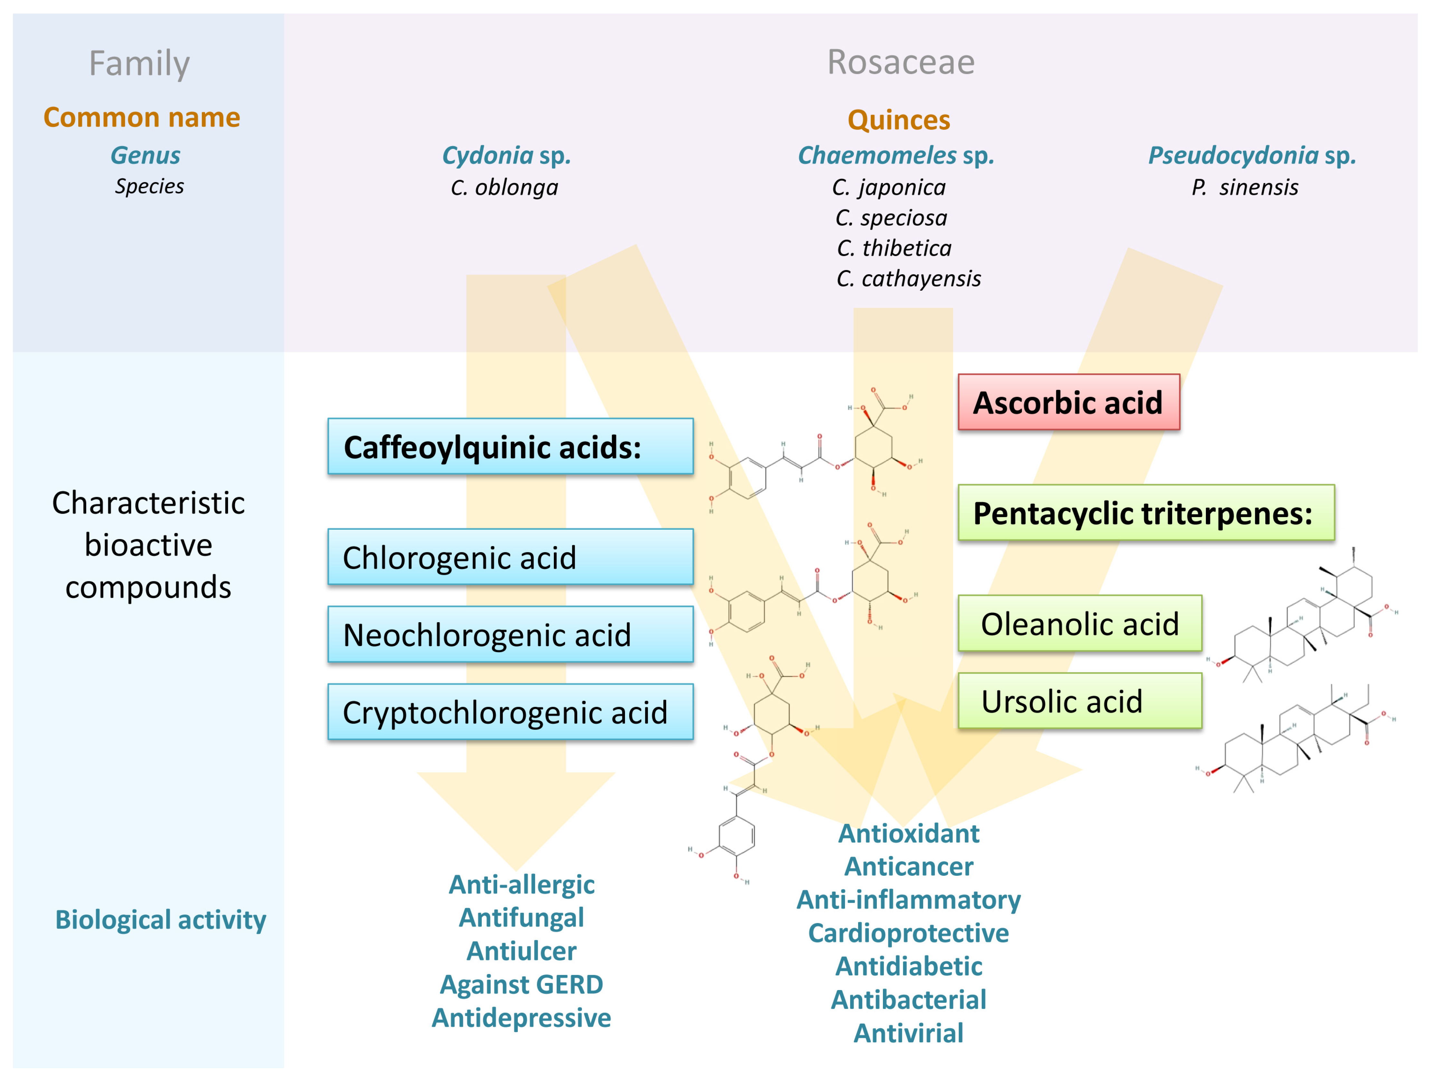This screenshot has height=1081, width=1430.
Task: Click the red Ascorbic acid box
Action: click(x=1069, y=402)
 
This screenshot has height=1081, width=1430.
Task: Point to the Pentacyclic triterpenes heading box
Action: click(x=1146, y=512)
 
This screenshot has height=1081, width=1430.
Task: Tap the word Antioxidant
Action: click(x=908, y=833)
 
